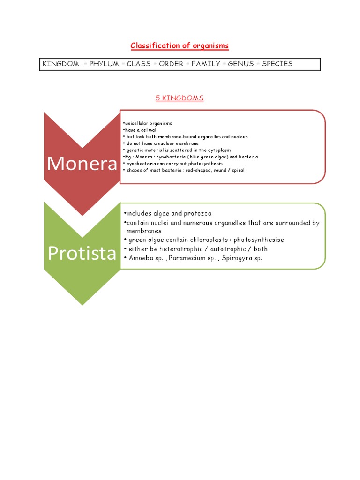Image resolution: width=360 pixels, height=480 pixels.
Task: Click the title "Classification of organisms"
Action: [180, 45]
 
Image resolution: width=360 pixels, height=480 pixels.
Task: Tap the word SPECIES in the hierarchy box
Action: [277, 64]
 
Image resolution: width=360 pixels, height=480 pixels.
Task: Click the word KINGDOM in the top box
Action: [61, 64]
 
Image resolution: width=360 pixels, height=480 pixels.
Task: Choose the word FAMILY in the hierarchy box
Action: [203, 64]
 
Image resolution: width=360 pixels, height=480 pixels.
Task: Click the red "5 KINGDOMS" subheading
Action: [180, 98]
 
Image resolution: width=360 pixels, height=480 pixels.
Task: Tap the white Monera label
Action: [82, 163]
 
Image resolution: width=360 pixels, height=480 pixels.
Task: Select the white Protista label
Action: [82, 253]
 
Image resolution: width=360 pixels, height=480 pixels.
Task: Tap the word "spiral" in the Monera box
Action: [237, 170]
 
